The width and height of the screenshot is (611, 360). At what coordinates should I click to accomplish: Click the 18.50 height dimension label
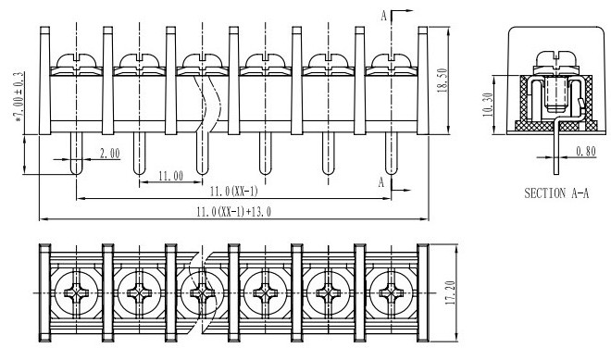[443, 81]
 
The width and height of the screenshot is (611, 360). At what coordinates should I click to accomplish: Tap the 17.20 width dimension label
[451, 292]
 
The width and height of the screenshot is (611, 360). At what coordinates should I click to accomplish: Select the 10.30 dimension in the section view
[488, 105]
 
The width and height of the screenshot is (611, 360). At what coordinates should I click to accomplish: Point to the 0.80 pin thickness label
[586, 151]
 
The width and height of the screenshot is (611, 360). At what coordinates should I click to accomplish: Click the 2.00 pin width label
[110, 154]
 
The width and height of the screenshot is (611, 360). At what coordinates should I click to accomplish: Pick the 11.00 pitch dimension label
[170, 176]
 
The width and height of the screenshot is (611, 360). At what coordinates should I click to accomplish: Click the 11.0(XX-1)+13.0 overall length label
[234, 212]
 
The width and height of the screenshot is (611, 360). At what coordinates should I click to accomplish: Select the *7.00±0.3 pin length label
[19, 97]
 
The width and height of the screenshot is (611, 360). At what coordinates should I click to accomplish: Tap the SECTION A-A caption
[556, 193]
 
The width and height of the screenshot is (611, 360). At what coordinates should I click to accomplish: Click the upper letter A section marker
[384, 16]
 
